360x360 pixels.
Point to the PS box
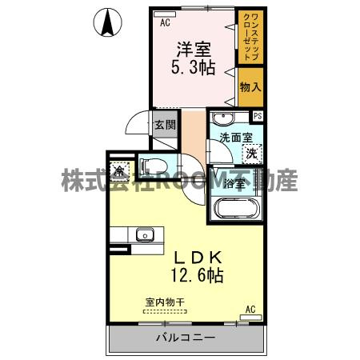(x=258, y=115)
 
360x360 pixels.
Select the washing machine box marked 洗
(x=252, y=152)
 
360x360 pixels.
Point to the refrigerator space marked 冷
(x=118, y=170)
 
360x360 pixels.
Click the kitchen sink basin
(x=145, y=234)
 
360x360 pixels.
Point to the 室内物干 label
(x=165, y=302)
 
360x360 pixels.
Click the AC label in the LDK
(x=250, y=309)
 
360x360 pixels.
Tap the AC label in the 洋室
(x=165, y=23)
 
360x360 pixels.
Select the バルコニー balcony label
(x=185, y=338)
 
